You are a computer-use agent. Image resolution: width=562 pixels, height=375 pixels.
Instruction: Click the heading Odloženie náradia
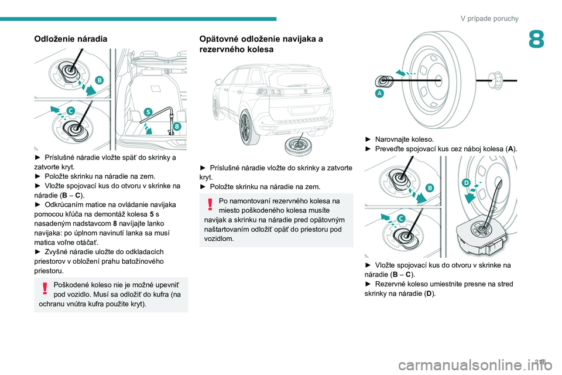71,39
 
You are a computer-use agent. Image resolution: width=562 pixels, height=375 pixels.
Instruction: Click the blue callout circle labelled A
379,93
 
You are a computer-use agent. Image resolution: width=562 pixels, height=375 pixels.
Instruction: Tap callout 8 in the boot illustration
176,126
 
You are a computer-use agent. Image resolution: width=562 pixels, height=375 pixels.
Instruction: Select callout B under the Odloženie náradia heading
99,79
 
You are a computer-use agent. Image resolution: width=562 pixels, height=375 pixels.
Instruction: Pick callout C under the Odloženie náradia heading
70,110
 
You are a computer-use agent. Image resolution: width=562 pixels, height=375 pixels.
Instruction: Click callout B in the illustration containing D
430,187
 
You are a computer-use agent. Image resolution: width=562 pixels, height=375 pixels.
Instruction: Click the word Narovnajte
393,139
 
